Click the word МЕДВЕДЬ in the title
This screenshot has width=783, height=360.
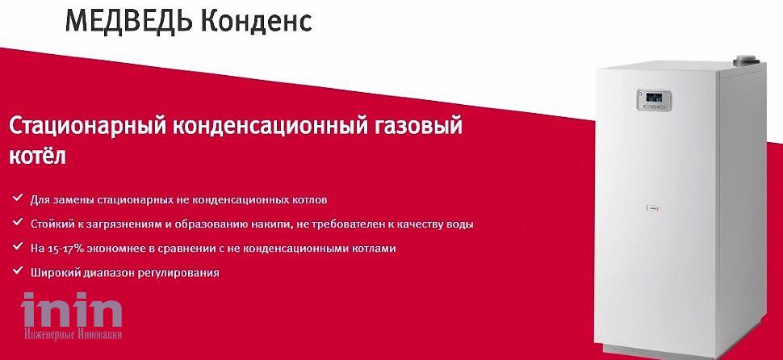point(129,21)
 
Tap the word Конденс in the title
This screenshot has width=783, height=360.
point(258,21)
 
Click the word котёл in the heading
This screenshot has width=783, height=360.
point(37,156)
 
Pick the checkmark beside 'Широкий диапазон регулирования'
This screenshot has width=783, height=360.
point(18,270)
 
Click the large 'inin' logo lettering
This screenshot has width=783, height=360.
point(71,310)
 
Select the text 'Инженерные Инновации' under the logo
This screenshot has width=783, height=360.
point(73,334)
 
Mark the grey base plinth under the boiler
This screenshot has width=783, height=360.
point(679,351)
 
